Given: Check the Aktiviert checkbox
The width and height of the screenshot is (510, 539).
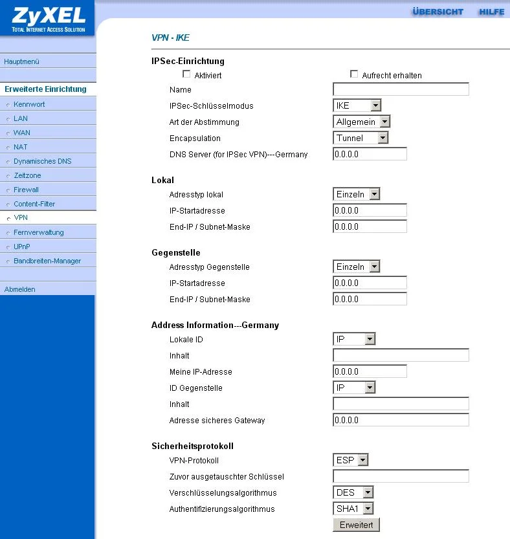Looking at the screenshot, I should coord(187,74).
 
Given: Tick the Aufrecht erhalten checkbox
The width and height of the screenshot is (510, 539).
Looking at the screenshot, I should coord(354,74).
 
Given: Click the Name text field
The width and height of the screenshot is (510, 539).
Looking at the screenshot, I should coord(401,89).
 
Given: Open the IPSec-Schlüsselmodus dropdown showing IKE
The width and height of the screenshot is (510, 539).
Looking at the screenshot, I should coord(357,105).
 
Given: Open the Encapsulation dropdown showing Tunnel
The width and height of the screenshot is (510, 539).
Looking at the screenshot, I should coord(360,138).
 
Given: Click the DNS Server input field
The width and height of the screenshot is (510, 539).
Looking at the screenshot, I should coord(370,154).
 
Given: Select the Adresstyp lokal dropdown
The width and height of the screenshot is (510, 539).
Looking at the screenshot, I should coord(357,194).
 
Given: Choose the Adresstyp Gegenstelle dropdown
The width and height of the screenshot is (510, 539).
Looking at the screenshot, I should coord(357,267).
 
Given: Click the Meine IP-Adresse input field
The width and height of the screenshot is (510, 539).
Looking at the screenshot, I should coord(370,371).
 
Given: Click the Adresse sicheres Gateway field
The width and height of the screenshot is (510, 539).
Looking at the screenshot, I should coord(401,420).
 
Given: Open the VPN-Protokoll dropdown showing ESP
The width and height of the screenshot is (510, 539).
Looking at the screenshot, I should coord(351,460).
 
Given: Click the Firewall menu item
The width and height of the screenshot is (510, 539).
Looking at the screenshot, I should coord(27,190).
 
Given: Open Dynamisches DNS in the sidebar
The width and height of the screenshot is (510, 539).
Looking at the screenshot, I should coord(43,161).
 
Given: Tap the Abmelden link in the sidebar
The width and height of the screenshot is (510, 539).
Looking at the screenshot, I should coord(20,289).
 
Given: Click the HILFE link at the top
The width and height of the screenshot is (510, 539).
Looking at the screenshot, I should coord(491,12).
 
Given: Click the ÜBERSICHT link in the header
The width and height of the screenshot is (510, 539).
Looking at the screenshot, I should coord(438,12).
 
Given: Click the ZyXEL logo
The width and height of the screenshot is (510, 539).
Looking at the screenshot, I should coord(47,18).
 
